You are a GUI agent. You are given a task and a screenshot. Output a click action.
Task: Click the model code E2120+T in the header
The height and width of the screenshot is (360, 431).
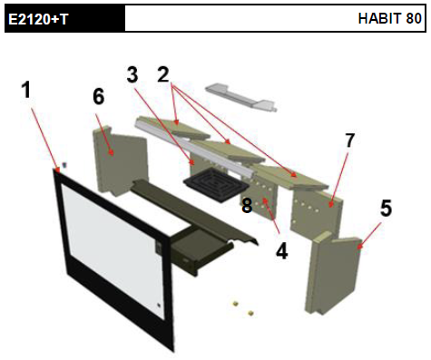38,19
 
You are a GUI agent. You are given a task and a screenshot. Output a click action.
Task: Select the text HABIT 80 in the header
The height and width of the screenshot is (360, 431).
389,18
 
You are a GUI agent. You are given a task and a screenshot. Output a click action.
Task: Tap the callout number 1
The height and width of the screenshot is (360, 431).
26,90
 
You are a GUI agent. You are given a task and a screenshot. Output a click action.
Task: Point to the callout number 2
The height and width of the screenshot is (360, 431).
163,74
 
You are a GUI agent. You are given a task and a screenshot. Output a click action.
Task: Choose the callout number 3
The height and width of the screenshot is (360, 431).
132,74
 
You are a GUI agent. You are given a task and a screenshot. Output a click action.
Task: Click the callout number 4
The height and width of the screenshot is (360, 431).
281,251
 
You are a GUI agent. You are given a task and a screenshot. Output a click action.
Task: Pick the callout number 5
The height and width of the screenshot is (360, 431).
386,208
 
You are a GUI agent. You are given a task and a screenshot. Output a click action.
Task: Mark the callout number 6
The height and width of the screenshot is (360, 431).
99,97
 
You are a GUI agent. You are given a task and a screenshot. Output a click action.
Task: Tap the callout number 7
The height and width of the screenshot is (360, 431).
349,140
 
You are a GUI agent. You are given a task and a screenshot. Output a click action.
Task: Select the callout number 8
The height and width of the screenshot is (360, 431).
247,206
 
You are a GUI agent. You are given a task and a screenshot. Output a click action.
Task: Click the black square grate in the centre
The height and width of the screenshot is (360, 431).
214,185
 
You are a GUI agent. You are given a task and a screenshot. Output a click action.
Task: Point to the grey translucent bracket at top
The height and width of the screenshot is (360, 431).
240,97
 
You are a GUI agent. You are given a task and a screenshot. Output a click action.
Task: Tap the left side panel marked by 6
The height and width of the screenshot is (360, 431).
120,161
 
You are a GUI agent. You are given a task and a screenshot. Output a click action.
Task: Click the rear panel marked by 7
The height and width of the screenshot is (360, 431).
316,211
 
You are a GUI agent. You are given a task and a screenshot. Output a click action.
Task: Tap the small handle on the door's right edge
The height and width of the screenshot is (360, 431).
160,248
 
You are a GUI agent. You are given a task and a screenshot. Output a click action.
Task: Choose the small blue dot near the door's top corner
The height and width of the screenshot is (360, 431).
64,165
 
